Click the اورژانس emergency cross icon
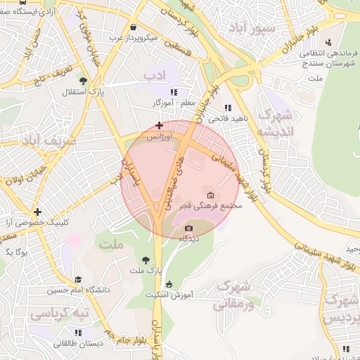coord(160,125)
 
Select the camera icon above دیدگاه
coord(188,228)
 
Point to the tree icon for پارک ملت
coord(146,259)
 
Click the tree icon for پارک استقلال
coord(83,80)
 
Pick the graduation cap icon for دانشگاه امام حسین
coord(77,280)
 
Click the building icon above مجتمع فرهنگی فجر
coord(210,194)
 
